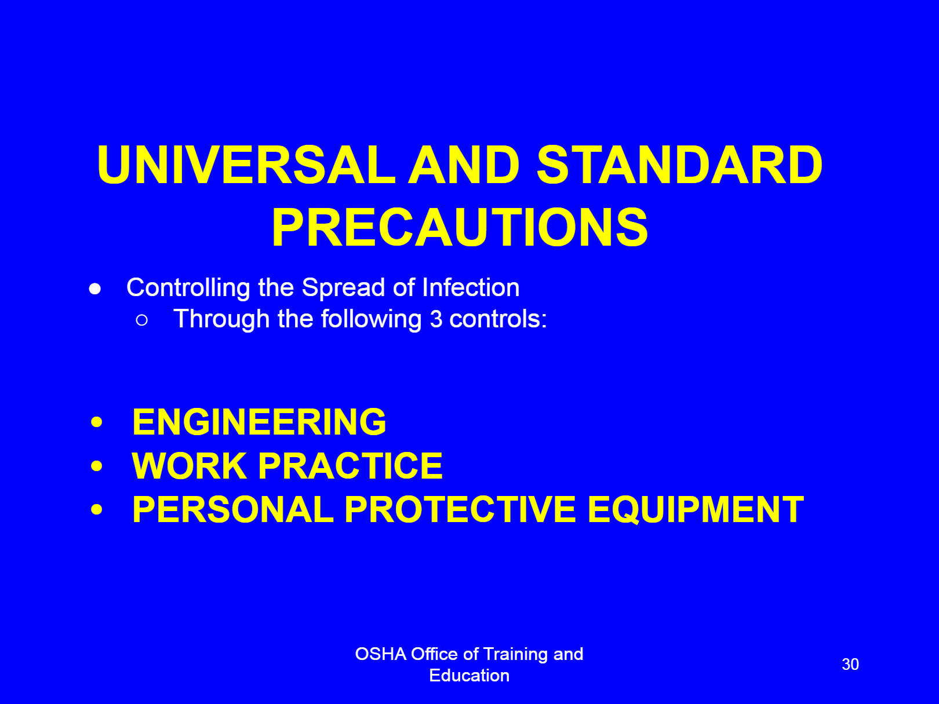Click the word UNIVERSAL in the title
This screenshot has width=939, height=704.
[246, 165]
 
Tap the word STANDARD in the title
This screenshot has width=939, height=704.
[679, 165]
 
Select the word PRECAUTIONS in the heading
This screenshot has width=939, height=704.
[460, 227]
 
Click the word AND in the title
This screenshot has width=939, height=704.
[464, 165]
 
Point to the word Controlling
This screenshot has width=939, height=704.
[188, 288]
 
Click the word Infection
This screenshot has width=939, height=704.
[471, 287]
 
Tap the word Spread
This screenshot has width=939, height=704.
[343, 288]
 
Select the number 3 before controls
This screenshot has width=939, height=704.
[436, 319]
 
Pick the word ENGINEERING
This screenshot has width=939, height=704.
[259, 422]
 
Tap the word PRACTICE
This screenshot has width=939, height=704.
[350, 466]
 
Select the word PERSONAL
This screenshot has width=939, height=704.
[232, 509]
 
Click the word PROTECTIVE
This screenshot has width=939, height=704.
[460, 509]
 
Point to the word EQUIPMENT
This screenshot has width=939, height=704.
[696, 509]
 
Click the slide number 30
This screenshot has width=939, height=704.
[850, 664]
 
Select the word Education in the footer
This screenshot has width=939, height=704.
[469, 676]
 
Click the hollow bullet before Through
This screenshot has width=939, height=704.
[141, 320]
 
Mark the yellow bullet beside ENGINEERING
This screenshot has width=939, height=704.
[97, 422]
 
